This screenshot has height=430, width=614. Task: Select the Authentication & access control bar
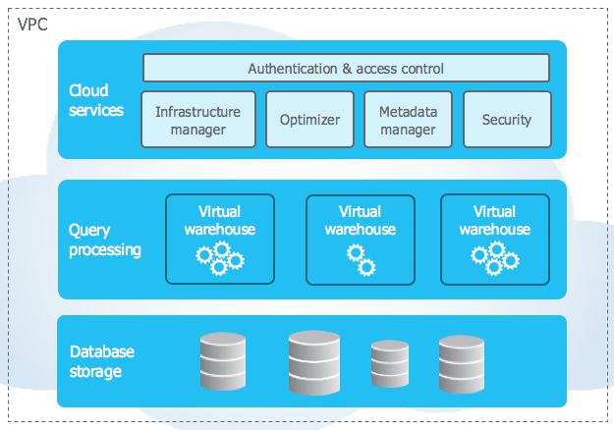click(346, 69)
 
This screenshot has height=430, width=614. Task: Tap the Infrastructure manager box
click(197, 120)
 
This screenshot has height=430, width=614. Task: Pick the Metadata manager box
click(408, 120)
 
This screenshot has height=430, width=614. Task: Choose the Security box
click(506, 120)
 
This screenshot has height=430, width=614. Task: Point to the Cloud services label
click(95, 100)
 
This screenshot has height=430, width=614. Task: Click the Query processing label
click(104, 240)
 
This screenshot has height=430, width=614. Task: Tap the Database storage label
click(101, 361)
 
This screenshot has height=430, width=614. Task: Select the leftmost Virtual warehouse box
click(219, 239)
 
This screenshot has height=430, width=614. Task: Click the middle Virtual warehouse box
click(360, 239)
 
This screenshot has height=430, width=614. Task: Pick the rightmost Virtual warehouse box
click(494, 239)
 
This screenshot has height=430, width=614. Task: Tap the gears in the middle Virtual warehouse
click(361, 260)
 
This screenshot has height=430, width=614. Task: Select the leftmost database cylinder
click(222, 361)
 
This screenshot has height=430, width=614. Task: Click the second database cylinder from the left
click(313, 361)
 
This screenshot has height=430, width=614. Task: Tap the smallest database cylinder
click(389, 365)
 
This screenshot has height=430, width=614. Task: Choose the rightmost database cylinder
click(462, 363)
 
